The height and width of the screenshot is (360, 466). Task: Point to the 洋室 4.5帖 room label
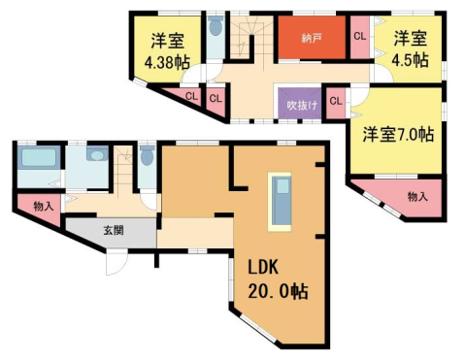pyautogui.click(x=410, y=49)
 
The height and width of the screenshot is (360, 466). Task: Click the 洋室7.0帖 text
pyautogui.click(x=398, y=132)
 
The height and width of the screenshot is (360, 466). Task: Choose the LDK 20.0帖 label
pyautogui.click(x=274, y=278)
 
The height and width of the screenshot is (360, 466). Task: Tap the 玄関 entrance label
pyautogui.click(x=114, y=230)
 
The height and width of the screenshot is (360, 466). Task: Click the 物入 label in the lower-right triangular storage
pyautogui.click(x=417, y=197)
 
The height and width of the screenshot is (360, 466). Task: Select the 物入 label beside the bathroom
pyautogui.click(x=43, y=206)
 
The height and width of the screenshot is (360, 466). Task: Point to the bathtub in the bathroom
pyautogui.click(x=40, y=161)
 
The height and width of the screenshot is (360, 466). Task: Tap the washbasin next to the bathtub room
pyautogui.click(x=95, y=155)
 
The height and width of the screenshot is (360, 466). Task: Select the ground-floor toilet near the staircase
pyautogui.click(x=147, y=158)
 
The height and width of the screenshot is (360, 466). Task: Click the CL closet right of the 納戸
pyautogui.click(x=359, y=37)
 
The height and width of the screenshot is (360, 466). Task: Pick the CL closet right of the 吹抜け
pyautogui.click(x=336, y=100)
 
